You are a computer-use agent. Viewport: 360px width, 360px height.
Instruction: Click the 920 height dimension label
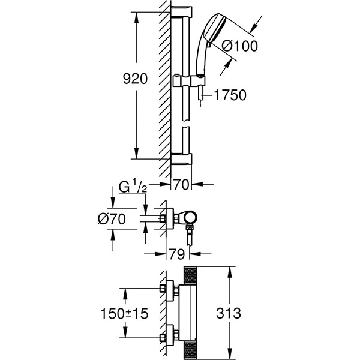click(135, 79)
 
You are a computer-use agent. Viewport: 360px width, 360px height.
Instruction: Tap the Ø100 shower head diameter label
click(239, 46)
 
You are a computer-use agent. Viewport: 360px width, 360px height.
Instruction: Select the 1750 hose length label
click(230, 95)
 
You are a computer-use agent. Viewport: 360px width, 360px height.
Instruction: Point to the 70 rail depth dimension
click(181, 184)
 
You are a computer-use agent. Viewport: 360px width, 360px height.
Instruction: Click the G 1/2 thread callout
click(133, 187)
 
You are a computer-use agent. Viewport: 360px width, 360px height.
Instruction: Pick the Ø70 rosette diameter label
click(112, 219)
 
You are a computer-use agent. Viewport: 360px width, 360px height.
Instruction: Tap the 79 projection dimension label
click(177, 254)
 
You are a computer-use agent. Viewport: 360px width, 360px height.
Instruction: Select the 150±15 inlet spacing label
click(124, 313)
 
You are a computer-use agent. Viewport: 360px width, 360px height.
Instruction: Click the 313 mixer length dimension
click(229, 313)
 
